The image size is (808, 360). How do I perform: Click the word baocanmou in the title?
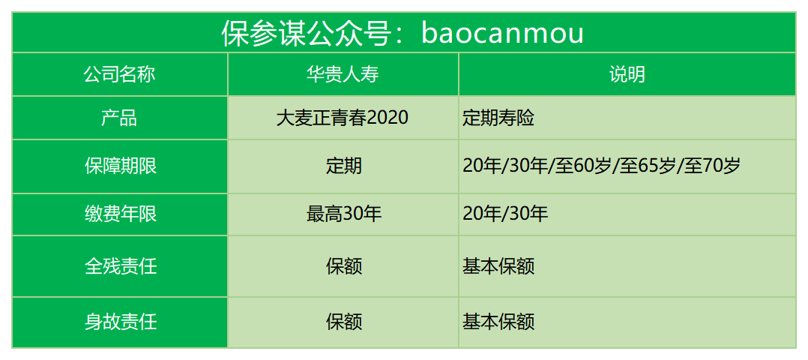click(502, 34)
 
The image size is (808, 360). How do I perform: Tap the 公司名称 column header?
click(120, 75)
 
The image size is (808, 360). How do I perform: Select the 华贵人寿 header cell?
click(343, 75)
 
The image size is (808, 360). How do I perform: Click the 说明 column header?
click(627, 75)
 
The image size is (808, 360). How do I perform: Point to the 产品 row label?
click(120, 118)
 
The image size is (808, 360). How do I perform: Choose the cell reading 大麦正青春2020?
click(343, 118)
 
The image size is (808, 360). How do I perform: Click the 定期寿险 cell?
click(499, 118)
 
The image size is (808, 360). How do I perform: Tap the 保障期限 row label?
click(120, 166)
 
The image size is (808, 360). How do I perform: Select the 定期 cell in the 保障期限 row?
click(344, 166)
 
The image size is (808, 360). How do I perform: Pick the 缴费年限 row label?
click(120, 214)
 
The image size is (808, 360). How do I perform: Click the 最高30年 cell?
click(344, 214)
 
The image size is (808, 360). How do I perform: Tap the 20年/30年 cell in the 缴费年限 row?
click(506, 214)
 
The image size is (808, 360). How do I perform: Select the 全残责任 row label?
click(120, 266)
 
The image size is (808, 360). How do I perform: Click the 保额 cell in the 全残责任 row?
click(344, 266)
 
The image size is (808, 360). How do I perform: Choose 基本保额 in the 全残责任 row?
click(499, 266)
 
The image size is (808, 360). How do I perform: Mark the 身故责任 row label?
click(120, 322)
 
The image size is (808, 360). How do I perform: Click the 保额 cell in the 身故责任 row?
click(344, 322)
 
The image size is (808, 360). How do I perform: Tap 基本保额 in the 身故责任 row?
click(499, 322)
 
